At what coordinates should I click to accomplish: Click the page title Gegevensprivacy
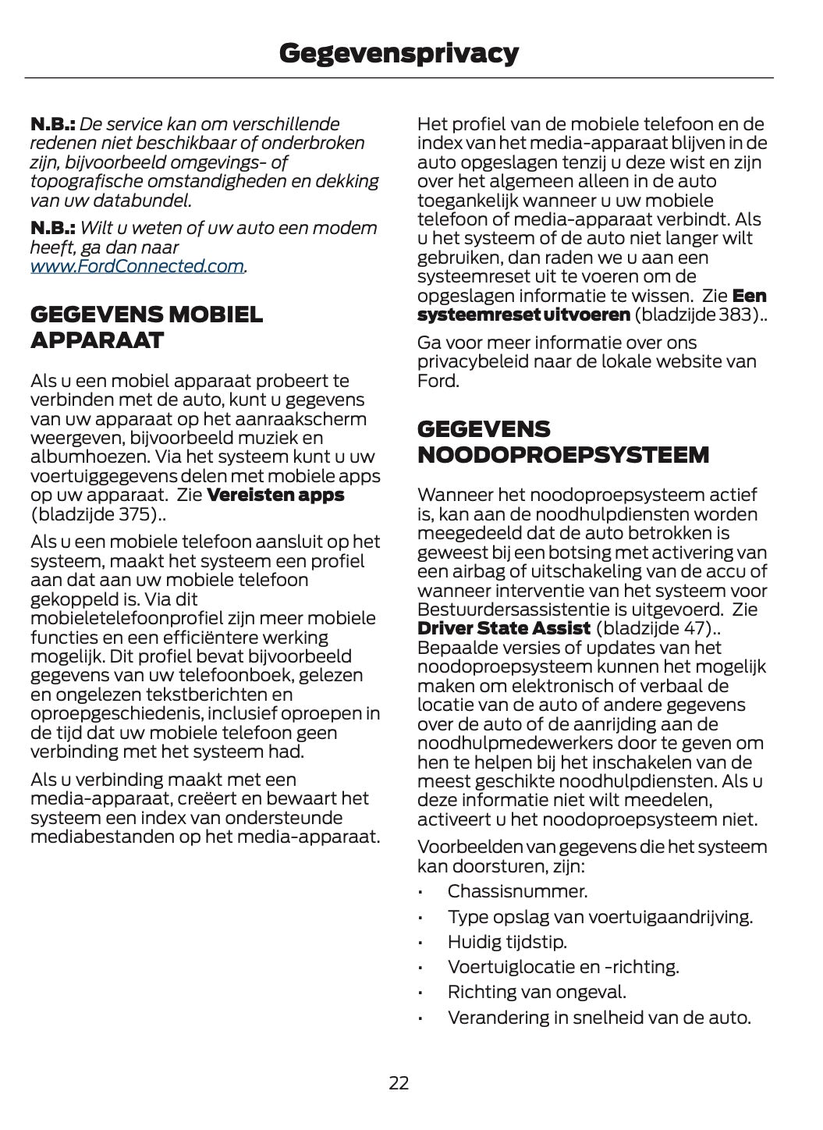click(x=399, y=53)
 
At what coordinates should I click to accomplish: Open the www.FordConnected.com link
click(x=137, y=267)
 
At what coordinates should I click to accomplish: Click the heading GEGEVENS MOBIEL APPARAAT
click(x=147, y=328)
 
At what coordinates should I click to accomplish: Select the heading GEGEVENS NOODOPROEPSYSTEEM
click(x=563, y=442)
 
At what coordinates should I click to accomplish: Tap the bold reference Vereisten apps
click(x=275, y=496)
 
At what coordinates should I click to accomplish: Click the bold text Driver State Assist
click(x=504, y=629)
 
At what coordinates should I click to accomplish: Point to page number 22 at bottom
click(x=399, y=1083)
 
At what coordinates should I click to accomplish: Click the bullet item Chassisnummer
click(x=517, y=891)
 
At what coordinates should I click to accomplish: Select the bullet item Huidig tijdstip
click(x=507, y=942)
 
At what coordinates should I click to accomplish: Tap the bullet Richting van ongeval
click(x=537, y=993)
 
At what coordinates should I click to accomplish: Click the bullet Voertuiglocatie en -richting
click(x=563, y=967)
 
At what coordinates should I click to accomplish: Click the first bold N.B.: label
click(x=52, y=124)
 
